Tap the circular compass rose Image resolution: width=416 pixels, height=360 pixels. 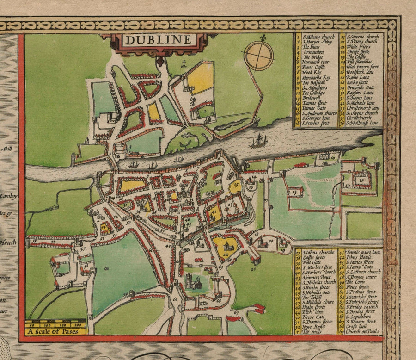click(x=259, y=56)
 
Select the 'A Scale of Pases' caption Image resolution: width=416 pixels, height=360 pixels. click(x=55, y=331)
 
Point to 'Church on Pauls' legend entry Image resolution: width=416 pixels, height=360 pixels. click(x=365, y=331)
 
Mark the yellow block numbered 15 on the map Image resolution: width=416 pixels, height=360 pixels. click(x=235, y=186)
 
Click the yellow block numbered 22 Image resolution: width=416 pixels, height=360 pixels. click(x=225, y=246)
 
